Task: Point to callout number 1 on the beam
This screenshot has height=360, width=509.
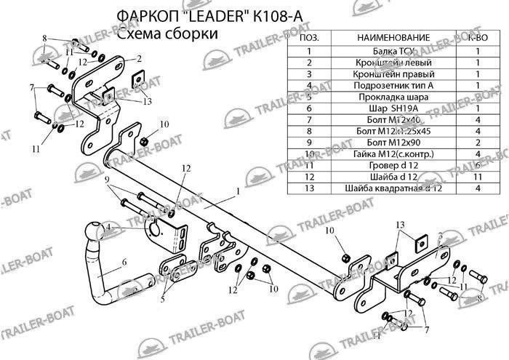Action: (238, 192)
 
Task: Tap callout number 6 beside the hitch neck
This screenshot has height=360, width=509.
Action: (124, 263)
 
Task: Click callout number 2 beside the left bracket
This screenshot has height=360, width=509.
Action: (138, 58)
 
